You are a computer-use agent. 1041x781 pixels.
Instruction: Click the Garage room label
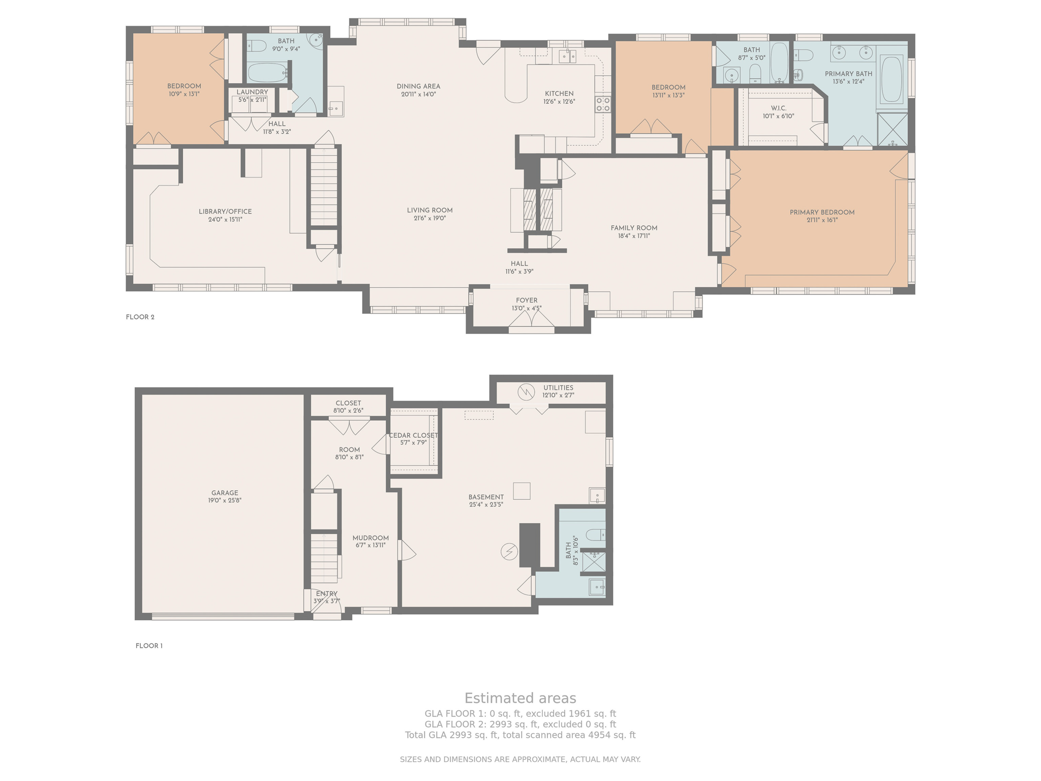click(x=225, y=493)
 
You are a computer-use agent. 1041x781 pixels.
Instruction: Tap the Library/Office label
click(x=225, y=212)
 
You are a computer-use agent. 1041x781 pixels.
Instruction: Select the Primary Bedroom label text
click(x=822, y=213)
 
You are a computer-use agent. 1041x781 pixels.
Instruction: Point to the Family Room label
click(x=634, y=228)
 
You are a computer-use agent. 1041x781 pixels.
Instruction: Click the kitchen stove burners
click(x=603, y=104)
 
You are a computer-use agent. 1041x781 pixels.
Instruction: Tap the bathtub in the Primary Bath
click(x=892, y=80)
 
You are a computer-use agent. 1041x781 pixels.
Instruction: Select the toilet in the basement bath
click(x=595, y=534)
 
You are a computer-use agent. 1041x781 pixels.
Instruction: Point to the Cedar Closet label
click(x=413, y=436)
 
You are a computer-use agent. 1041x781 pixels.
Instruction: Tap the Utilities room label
click(x=558, y=388)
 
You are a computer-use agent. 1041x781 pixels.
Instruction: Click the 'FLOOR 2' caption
click(x=140, y=317)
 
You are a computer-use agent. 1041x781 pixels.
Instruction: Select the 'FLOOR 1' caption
click(x=149, y=646)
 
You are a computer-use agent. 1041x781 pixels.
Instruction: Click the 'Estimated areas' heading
click(x=520, y=698)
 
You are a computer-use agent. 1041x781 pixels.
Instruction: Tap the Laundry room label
click(x=252, y=92)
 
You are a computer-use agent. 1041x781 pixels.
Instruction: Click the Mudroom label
click(x=371, y=538)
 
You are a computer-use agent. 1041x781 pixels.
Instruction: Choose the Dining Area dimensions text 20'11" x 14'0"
click(x=418, y=95)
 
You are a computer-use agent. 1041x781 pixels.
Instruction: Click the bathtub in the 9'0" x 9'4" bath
click(x=267, y=72)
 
